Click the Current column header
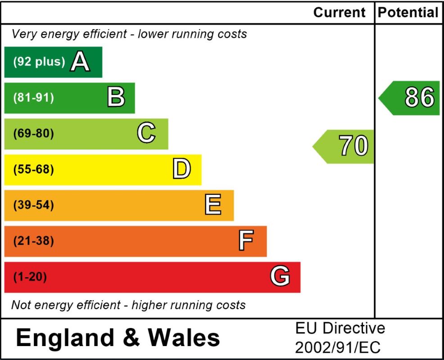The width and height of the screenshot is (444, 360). coord(339,13)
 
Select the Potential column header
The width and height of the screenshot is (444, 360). coord(408,13)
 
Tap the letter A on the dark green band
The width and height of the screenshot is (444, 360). coord(81,62)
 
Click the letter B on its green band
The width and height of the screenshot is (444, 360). coord(116,98)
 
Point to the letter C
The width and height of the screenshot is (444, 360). coord(146,134)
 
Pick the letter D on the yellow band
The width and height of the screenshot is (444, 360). coord(181,170)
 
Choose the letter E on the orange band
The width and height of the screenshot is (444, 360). coord(213,205)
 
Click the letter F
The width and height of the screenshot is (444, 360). coord(246,241)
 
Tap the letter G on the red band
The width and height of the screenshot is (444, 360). coord(280,277)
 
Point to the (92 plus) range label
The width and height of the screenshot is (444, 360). coord(39,62)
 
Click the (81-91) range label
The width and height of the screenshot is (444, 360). coord(33,98)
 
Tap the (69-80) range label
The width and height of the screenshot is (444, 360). coord(33,134)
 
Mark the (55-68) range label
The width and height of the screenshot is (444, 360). coord(33,170)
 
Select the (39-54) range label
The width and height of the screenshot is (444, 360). coord(33,205)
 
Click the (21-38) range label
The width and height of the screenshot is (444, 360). coord(33,241)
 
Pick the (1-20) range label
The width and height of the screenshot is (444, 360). coord(30,277)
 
